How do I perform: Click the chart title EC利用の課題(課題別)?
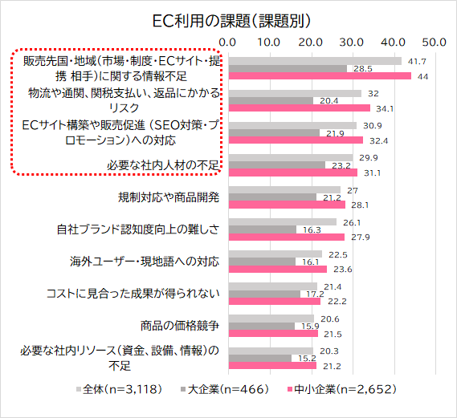tap(229, 18)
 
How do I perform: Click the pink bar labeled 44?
tap(320, 76)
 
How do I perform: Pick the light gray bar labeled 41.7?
tap(315, 60)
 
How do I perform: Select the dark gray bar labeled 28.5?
tap(288, 68)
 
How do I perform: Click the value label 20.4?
tap(329, 101)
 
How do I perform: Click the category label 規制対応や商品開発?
tap(169, 197)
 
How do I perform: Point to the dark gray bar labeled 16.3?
tap(262, 229)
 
